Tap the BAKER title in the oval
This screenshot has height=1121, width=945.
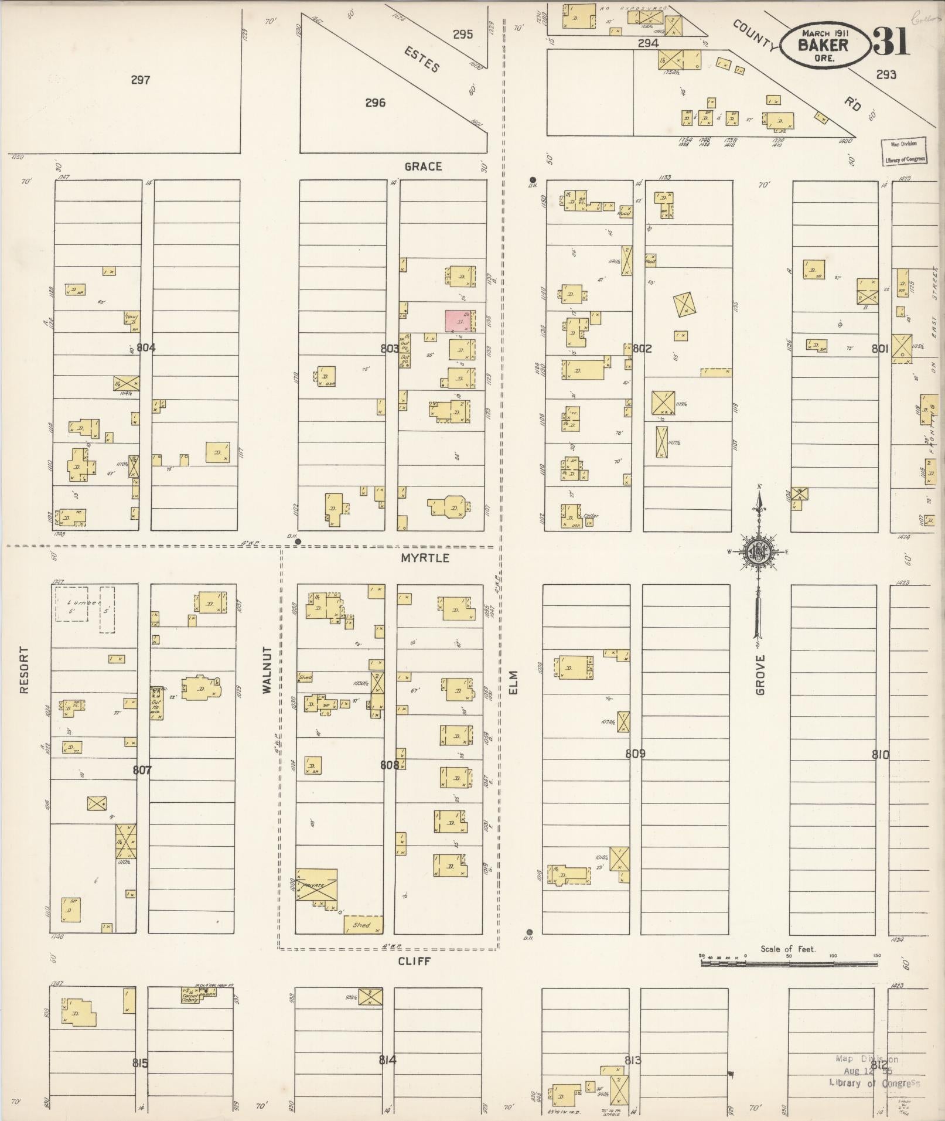click(x=824, y=45)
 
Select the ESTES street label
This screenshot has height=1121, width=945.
click(x=422, y=60)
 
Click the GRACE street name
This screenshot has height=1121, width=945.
click(x=423, y=167)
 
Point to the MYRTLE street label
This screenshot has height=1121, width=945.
click(x=425, y=558)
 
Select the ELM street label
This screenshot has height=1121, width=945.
click(x=514, y=683)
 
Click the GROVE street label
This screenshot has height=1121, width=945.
click(x=760, y=675)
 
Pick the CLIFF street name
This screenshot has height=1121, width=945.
click(x=415, y=962)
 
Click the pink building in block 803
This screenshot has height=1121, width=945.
click(x=460, y=321)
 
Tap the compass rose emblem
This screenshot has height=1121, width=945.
click(x=758, y=551)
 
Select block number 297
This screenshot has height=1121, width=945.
click(x=141, y=80)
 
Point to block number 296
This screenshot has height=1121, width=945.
click(x=375, y=103)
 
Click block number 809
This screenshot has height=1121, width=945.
click(x=635, y=754)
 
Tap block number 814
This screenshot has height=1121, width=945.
click(x=387, y=1059)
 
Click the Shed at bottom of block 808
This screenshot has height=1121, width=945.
click(x=363, y=925)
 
